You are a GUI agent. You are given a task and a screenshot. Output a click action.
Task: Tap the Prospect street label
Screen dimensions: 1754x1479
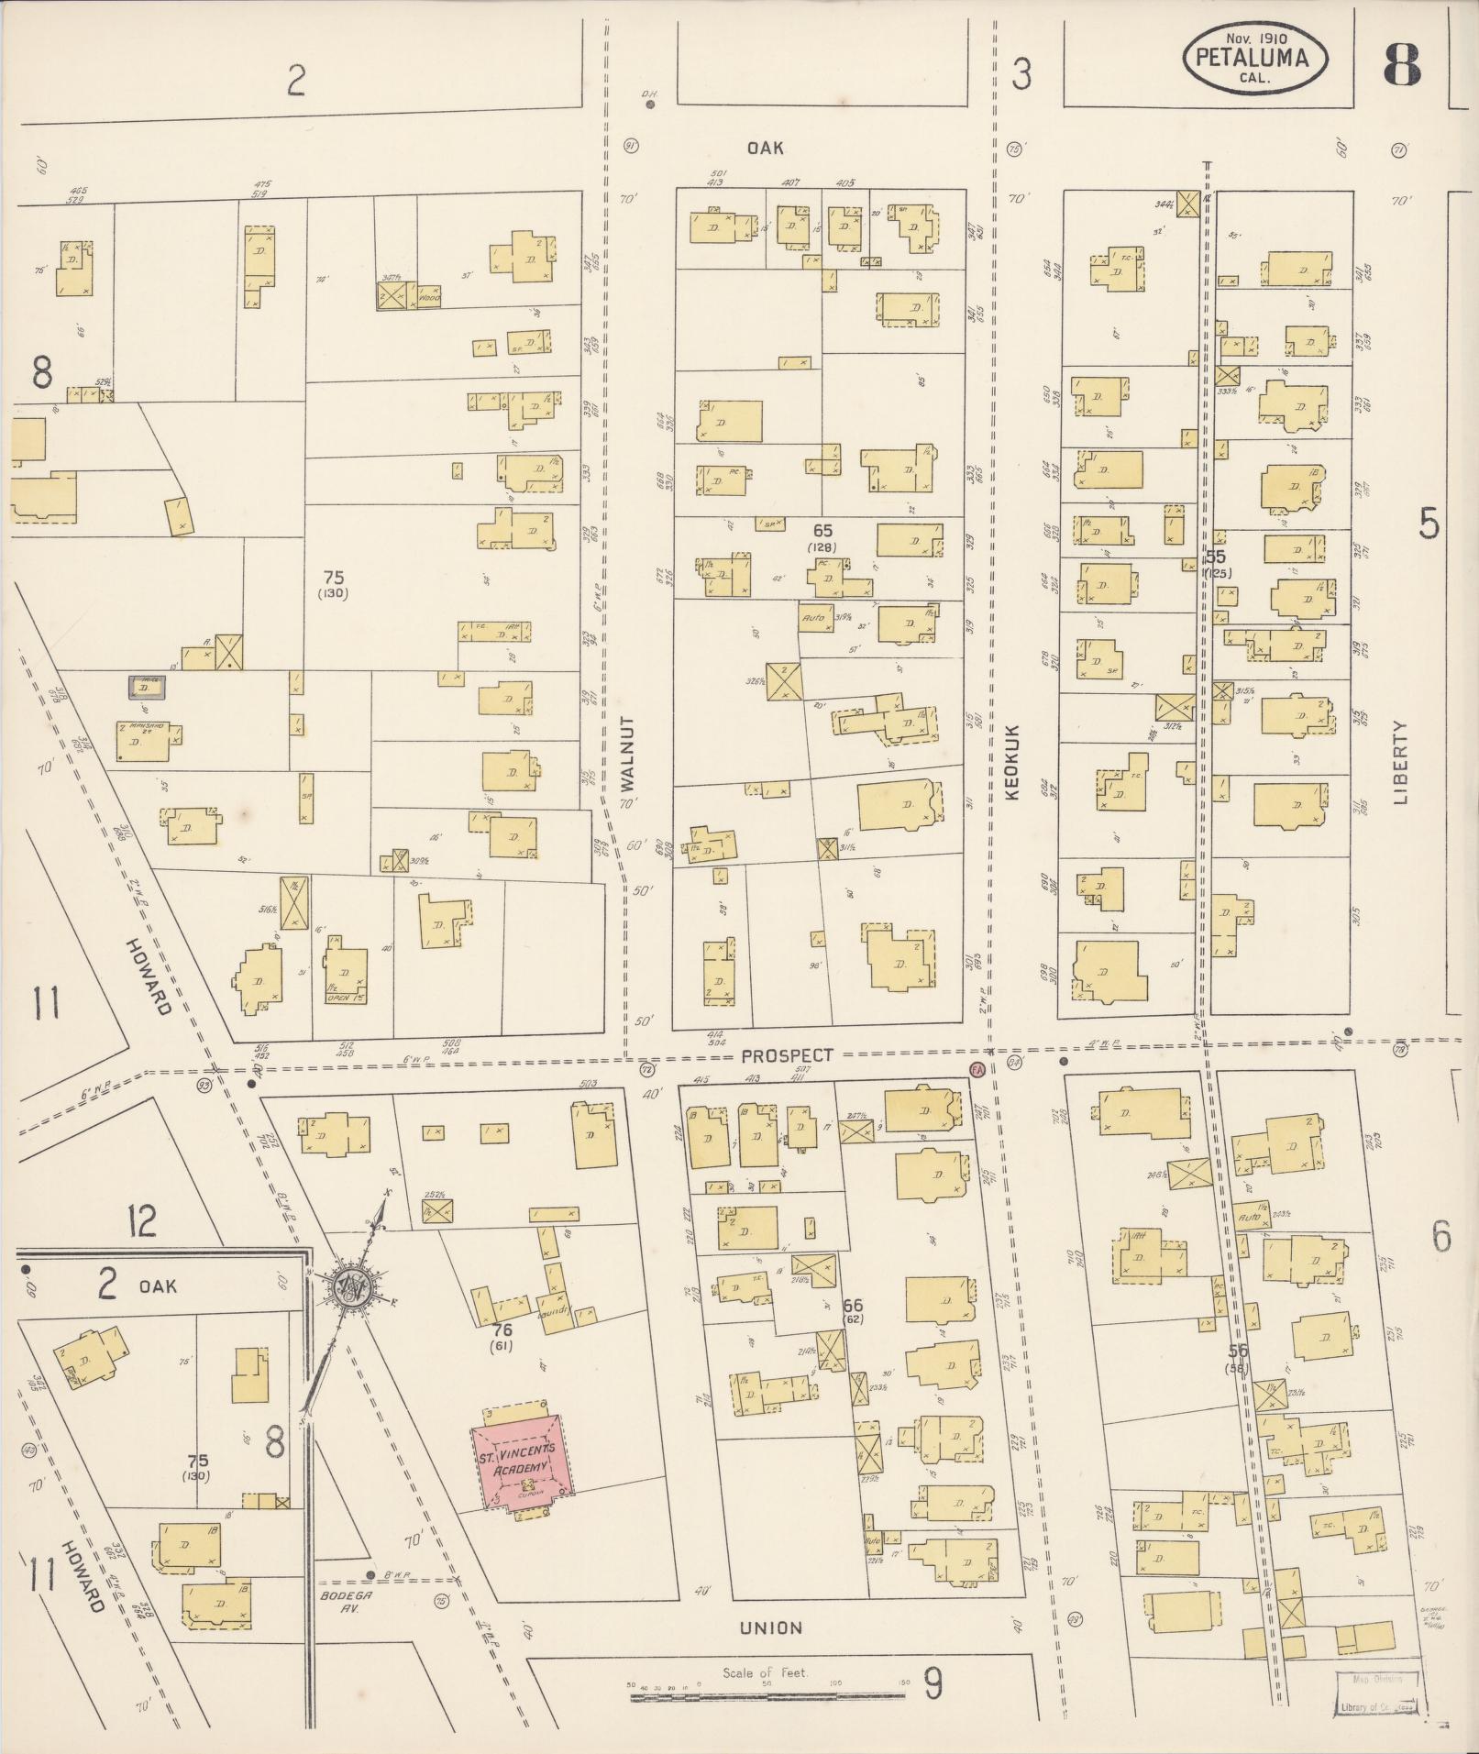(789, 1055)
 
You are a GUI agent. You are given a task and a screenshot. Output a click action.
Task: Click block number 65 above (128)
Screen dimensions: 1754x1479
(821, 530)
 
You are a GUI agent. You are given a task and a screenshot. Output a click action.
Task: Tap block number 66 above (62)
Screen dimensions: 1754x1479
(854, 1305)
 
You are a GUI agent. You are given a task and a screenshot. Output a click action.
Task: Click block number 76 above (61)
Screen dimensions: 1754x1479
(501, 1329)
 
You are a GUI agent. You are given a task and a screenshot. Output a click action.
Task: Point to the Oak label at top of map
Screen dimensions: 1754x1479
(765, 147)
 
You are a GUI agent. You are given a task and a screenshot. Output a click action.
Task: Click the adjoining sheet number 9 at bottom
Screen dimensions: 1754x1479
(933, 1682)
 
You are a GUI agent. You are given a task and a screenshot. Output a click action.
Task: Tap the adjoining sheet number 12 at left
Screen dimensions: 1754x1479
(142, 1220)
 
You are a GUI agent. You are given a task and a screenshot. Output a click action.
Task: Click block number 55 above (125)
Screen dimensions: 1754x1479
(1216, 557)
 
